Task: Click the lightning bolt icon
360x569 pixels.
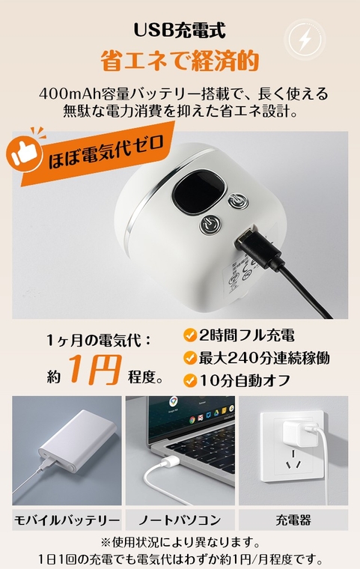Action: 305,39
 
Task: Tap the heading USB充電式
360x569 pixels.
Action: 180,30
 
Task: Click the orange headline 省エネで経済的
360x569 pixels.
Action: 180,60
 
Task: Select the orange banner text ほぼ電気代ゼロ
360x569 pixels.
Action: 106,153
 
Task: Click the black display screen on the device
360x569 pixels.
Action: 198,191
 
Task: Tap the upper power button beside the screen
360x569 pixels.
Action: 239,201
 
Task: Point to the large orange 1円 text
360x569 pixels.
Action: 95,369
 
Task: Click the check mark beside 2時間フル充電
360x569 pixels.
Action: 190,335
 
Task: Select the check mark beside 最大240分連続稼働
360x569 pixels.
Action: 190,358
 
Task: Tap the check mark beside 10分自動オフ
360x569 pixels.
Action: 190,380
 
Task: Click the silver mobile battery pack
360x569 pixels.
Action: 77,440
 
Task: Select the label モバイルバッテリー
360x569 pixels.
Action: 67,520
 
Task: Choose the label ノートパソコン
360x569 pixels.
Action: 180,520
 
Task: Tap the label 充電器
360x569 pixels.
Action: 293,520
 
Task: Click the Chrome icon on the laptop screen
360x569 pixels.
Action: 173,401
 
